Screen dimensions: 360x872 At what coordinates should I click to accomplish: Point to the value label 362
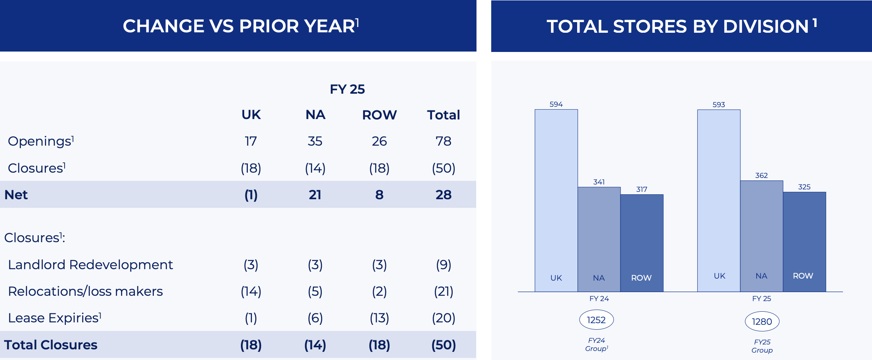pos(761,175)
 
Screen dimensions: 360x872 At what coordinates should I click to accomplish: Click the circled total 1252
pos(596,320)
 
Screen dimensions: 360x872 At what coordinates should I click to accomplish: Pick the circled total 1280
pos(762,322)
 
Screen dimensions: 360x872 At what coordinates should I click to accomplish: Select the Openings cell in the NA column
pos(315,141)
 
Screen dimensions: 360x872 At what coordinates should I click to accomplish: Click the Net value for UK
pos(251,195)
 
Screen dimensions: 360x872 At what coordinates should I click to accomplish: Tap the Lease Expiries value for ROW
pos(379,318)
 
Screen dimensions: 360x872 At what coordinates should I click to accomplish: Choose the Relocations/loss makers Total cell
pos(443,291)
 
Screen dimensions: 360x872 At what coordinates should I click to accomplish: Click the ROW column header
pos(379,115)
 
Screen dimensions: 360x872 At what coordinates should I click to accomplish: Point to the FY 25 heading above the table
pos(347,89)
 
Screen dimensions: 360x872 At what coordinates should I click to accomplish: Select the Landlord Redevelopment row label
pos(90,265)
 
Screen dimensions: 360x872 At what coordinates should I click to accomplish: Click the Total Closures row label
pos(51,345)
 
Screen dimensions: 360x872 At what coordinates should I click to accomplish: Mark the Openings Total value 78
pos(443,141)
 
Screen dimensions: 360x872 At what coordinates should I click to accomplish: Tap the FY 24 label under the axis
pos(599,299)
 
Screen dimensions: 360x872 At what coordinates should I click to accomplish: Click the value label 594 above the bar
pos(556,104)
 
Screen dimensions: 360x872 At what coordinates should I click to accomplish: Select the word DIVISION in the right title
pos(766,27)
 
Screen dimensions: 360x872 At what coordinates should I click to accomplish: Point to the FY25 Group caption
pos(762,346)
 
